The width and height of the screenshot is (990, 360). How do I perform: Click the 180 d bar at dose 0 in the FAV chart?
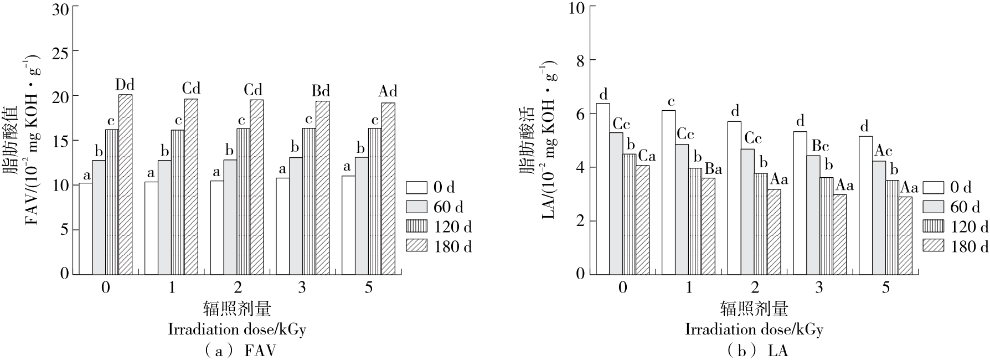click(x=125, y=184)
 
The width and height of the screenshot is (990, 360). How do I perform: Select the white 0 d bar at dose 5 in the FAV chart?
click(x=348, y=225)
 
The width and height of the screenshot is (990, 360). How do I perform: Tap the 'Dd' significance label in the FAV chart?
click(x=125, y=85)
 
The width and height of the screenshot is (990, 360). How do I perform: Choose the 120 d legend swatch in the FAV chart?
click(x=416, y=226)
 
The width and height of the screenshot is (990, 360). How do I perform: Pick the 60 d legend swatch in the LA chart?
click(x=934, y=207)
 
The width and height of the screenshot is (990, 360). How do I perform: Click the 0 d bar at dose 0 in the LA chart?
click(x=603, y=189)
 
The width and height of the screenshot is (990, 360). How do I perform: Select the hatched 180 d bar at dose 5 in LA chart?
click(x=905, y=235)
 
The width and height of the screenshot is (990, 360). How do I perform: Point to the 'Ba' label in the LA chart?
click(x=713, y=169)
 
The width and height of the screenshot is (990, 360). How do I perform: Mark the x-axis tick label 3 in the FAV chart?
click(x=302, y=288)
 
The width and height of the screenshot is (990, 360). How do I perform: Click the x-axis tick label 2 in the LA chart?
click(x=754, y=288)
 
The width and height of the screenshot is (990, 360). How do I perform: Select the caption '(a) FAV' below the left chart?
click(x=237, y=351)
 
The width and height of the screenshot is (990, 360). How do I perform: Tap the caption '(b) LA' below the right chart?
click(x=754, y=351)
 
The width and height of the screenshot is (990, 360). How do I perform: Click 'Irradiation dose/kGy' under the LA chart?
click(x=754, y=330)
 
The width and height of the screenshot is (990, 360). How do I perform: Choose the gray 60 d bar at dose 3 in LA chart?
click(x=813, y=215)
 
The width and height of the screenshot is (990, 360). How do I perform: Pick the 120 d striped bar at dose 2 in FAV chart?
click(x=243, y=202)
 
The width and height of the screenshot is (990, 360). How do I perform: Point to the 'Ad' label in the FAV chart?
click(x=388, y=91)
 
